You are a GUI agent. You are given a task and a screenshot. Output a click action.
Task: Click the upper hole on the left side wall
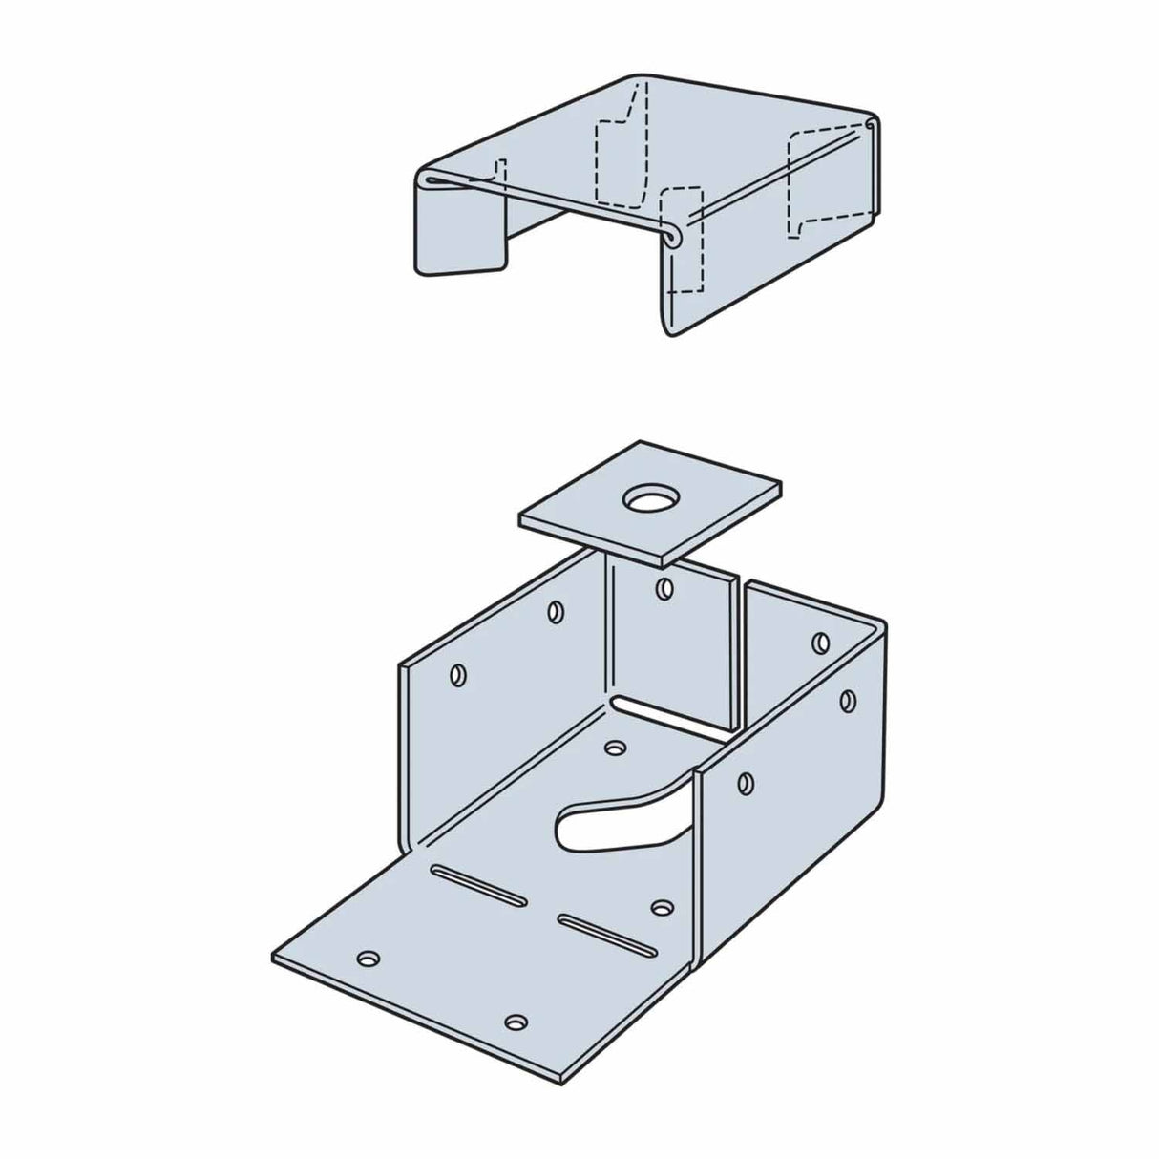coord(555,610)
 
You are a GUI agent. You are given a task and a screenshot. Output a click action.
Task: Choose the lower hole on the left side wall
coord(457,675)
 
